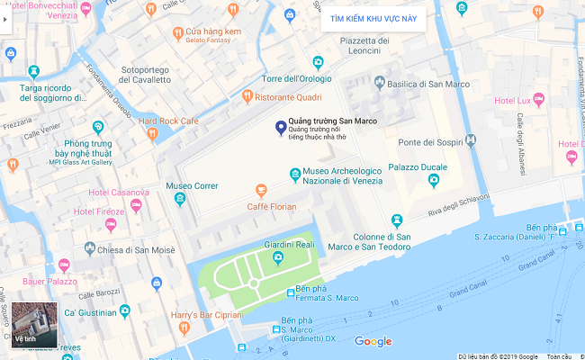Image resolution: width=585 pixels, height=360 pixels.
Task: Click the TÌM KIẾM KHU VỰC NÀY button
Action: tap(373, 18)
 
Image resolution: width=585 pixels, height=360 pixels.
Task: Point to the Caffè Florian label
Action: tap(272, 206)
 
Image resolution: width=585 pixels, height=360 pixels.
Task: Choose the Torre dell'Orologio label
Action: tap(297, 79)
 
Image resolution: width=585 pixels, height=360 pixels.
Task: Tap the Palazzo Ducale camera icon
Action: tap(434, 180)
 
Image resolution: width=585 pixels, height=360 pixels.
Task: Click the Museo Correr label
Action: tap(192, 186)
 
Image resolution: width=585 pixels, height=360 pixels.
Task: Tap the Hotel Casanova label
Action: tap(118, 193)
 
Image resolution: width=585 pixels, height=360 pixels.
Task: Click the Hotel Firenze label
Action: tap(99, 211)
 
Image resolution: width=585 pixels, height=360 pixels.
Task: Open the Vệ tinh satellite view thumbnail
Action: tap(34, 325)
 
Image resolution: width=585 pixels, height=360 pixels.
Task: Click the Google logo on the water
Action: tap(373, 341)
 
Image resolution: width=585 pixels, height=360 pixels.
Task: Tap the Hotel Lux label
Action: tap(513, 100)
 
